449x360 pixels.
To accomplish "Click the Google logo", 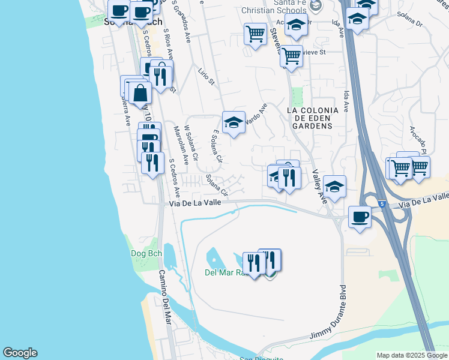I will click(x=20, y=353).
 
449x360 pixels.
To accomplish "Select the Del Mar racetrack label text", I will click(x=224, y=272).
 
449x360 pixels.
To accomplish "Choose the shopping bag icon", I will click(x=140, y=94).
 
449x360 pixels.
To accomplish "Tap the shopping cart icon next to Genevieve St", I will click(x=291, y=56).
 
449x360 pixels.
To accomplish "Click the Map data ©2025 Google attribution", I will click(x=412, y=355).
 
